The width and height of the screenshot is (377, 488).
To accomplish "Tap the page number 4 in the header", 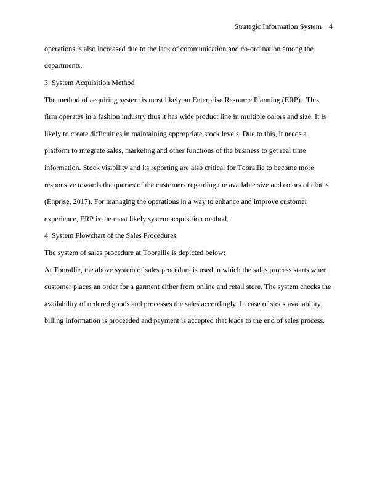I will pos(331,26).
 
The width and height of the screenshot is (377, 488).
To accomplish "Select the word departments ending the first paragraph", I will pos(63,65).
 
